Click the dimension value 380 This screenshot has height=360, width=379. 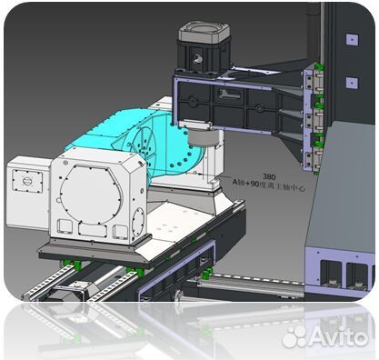(x=269, y=176)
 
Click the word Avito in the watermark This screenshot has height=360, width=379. (x=338, y=337)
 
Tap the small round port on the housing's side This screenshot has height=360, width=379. (x=138, y=219)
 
